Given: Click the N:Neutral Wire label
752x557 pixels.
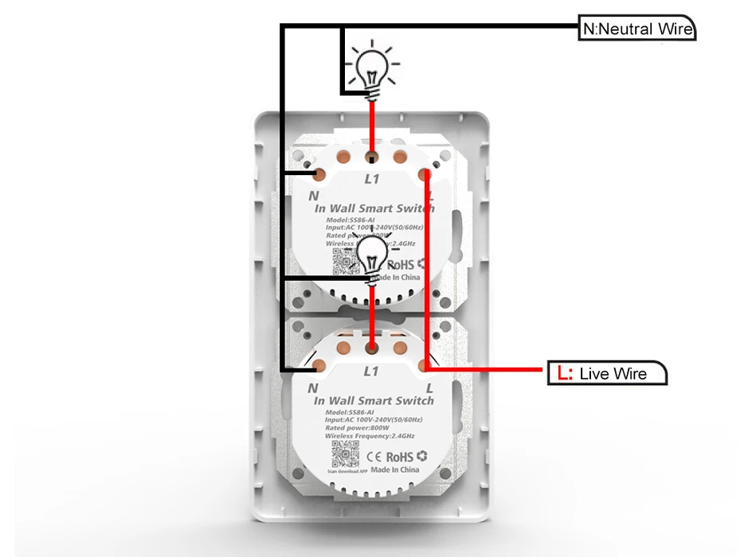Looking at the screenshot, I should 637,30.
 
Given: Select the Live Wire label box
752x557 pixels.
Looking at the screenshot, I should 607,373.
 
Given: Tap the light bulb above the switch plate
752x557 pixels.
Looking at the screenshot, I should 370,69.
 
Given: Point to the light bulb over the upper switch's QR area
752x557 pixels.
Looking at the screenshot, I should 373,256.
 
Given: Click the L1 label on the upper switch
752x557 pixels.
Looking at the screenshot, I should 371,179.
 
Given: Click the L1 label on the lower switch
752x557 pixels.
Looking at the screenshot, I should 371,371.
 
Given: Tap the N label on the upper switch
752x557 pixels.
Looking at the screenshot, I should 314,195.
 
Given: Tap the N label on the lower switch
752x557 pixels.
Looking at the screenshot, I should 313,388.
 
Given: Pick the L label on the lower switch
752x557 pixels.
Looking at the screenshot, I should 429,388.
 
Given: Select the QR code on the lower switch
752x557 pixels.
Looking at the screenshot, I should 343,453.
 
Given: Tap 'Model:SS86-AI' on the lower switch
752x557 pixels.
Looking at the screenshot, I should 350,411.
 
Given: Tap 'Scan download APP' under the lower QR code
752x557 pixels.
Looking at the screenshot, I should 344,472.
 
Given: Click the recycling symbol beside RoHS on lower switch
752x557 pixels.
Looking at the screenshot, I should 422,456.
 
